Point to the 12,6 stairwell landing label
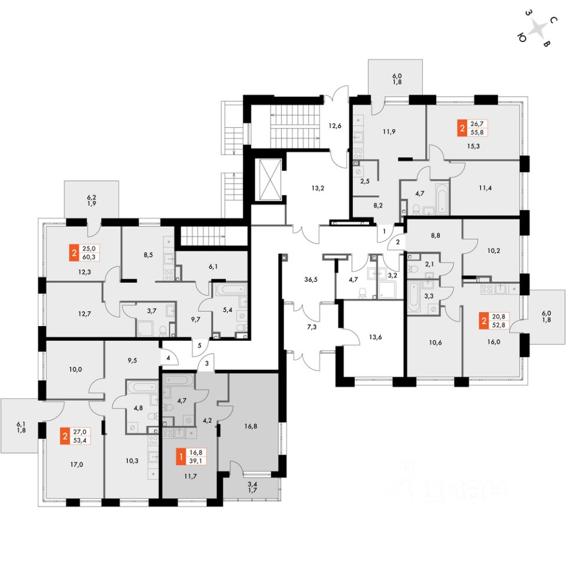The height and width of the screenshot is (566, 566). coord(335,124)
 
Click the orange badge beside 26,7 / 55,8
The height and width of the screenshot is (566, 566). coord(461,127)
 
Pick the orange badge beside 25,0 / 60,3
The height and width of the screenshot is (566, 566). coord(74,253)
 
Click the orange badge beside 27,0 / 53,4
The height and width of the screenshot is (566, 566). coord(64,437)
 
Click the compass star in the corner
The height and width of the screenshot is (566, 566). coord(538,29)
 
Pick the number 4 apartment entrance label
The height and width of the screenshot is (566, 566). coord(167,357)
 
